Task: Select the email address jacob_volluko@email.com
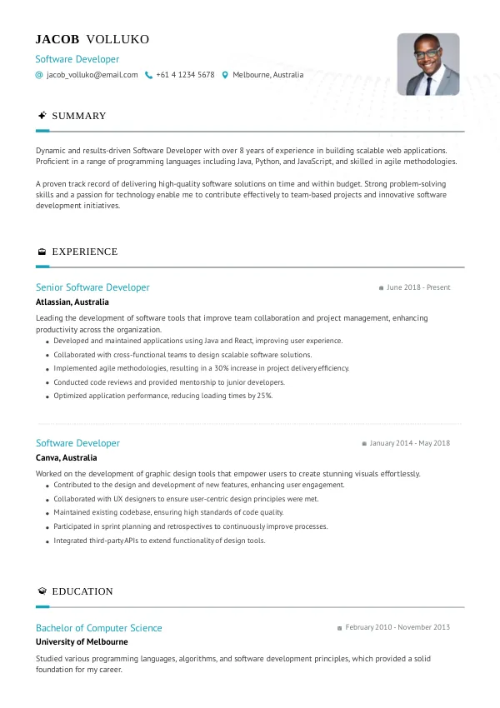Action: pos(92,75)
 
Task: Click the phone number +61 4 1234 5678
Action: pos(185,75)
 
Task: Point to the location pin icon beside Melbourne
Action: pos(225,75)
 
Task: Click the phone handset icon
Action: pos(148,75)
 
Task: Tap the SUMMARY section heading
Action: pos(79,116)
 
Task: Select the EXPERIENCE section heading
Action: pos(84,252)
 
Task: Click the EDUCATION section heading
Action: pos(82,591)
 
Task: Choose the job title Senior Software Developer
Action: pos(92,287)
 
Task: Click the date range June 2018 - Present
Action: pos(418,287)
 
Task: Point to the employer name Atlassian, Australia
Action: pos(72,302)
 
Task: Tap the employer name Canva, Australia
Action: pos(66,458)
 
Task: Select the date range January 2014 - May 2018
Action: pos(409,443)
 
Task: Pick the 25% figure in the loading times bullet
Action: pos(264,396)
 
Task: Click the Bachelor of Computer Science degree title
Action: pos(98,628)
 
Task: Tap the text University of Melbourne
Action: pos(82,642)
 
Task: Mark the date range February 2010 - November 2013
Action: pos(397,627)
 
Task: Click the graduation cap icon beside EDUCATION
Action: pos(42,591)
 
